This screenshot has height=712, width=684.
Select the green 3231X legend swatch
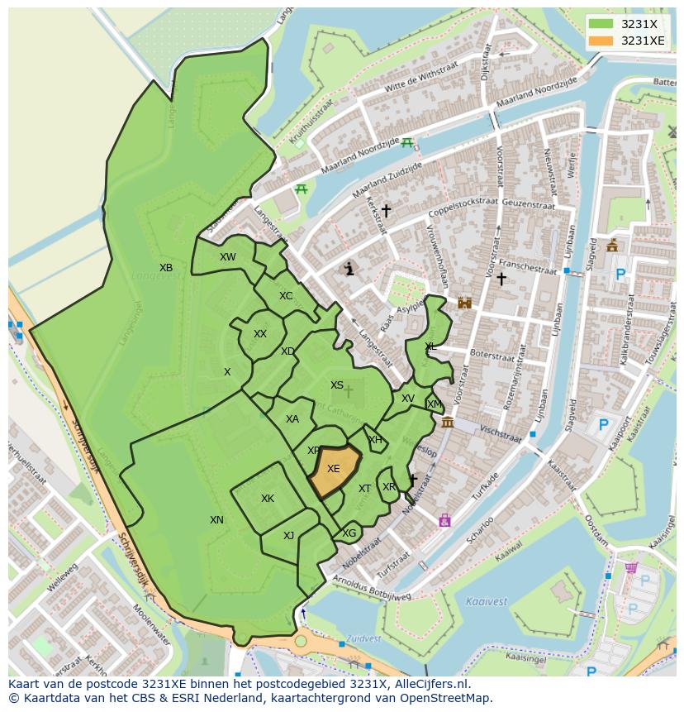click(x=601, y=24)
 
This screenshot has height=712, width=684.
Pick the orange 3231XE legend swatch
click(x=601, y=41)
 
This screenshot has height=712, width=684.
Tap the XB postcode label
click(x=166, y=268)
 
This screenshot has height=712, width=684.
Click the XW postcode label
click(x=228, y=257)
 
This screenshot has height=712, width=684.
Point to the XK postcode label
click(x=268, y=499)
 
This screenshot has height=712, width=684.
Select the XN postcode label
click(x=216, y=520)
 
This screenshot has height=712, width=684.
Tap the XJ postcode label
click(x=288, y=536)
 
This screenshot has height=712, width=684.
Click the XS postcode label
click(x=337, y=385)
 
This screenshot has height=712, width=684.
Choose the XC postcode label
click(x=286, y=296)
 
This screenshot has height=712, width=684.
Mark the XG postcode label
click(x=349, y=533)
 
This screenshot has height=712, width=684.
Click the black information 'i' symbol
click(x=349, y=269)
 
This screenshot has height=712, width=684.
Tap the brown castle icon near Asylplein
click(x=464, y=303)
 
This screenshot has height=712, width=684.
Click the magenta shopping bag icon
click(x=445, y=520)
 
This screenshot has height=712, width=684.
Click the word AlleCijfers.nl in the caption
click(x=430, y=685)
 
